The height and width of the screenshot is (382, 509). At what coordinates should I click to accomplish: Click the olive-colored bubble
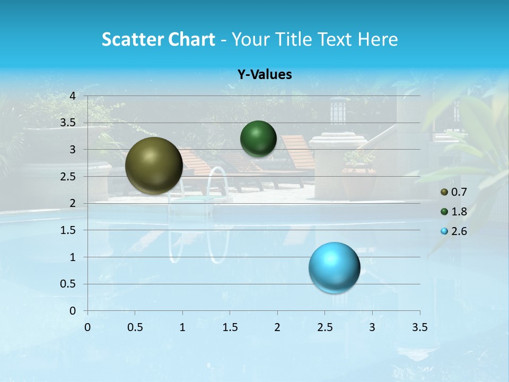pyautogui.click(x=154, y=166)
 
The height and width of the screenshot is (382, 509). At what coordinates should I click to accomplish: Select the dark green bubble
pyautogui.click(x=258, y=138)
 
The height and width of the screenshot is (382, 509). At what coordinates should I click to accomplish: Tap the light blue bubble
pyautogui.click(x=335, y=267)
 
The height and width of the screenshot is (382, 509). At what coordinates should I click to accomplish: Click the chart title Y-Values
pyautogui.click(x=264, y=75)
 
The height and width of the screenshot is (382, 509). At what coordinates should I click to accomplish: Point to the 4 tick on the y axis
pyautogui.click(x=73, y=96)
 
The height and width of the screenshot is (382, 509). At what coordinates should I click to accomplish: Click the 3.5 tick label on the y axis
pyautogui.click(x=68, y=123)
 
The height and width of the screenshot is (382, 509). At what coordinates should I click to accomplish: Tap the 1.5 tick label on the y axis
pyautogui.click(x=68, y=230)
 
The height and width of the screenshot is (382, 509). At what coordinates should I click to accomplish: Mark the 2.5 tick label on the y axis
pyautogui.click(x=68, y=177)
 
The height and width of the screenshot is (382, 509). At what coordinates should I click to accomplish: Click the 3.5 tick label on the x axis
pyautogui.click(x=420, y=327)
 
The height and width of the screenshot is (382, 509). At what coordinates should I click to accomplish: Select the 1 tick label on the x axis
pyautogui.click(x=182, y=327)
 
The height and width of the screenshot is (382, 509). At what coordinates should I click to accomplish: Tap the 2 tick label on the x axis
pyautogui.click(x=277, y=327)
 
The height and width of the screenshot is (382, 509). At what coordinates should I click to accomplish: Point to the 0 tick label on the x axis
pyautogui.click(x=87, y=327)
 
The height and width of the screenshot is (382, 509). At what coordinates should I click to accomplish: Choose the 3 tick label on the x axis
pyautogui.click(x=372, y=327)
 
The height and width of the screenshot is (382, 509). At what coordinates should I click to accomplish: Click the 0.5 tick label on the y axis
pyautogui.click(x=68, y=284)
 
